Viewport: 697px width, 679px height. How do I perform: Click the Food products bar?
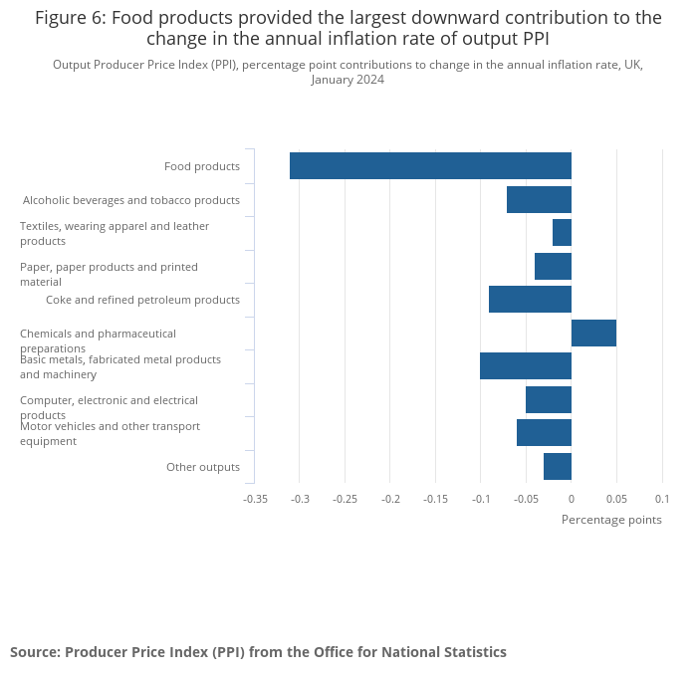[x=430, y=166]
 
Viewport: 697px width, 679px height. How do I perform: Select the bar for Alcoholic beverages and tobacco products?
[x=539, y=200]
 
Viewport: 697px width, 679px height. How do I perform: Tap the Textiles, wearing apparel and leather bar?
[x=562, y=233]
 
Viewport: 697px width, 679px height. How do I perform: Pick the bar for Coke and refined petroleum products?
[x=530, y=300]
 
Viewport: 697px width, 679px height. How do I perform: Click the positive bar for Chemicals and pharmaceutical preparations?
[x=593, y=333]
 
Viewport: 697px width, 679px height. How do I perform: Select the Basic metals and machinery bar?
[x=526, y=366]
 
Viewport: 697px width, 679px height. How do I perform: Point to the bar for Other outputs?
[x=558, y=466]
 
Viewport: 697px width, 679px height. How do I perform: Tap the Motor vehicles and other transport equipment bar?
[x=544, y=433]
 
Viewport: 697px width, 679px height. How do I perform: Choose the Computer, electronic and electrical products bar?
[x=549, y=399]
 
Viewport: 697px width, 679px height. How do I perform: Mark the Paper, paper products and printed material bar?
[x=553, y=267]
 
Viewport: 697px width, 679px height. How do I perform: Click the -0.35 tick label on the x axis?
[x=255, y=499]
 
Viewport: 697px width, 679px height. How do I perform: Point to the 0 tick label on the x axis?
[x=572, y=499]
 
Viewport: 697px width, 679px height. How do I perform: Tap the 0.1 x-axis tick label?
[x=661, y=499]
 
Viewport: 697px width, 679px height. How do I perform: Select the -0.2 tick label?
[x=390, y=499]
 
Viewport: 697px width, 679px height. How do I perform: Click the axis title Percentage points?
[x=611, y=520]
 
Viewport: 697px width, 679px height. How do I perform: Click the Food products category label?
[x=202, y=166]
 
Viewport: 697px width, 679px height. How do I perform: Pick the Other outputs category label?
[x=203, y=467]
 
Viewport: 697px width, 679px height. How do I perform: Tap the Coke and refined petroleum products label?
[x=142, y=300]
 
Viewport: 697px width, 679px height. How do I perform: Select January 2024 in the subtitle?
[x=348, y=80]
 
